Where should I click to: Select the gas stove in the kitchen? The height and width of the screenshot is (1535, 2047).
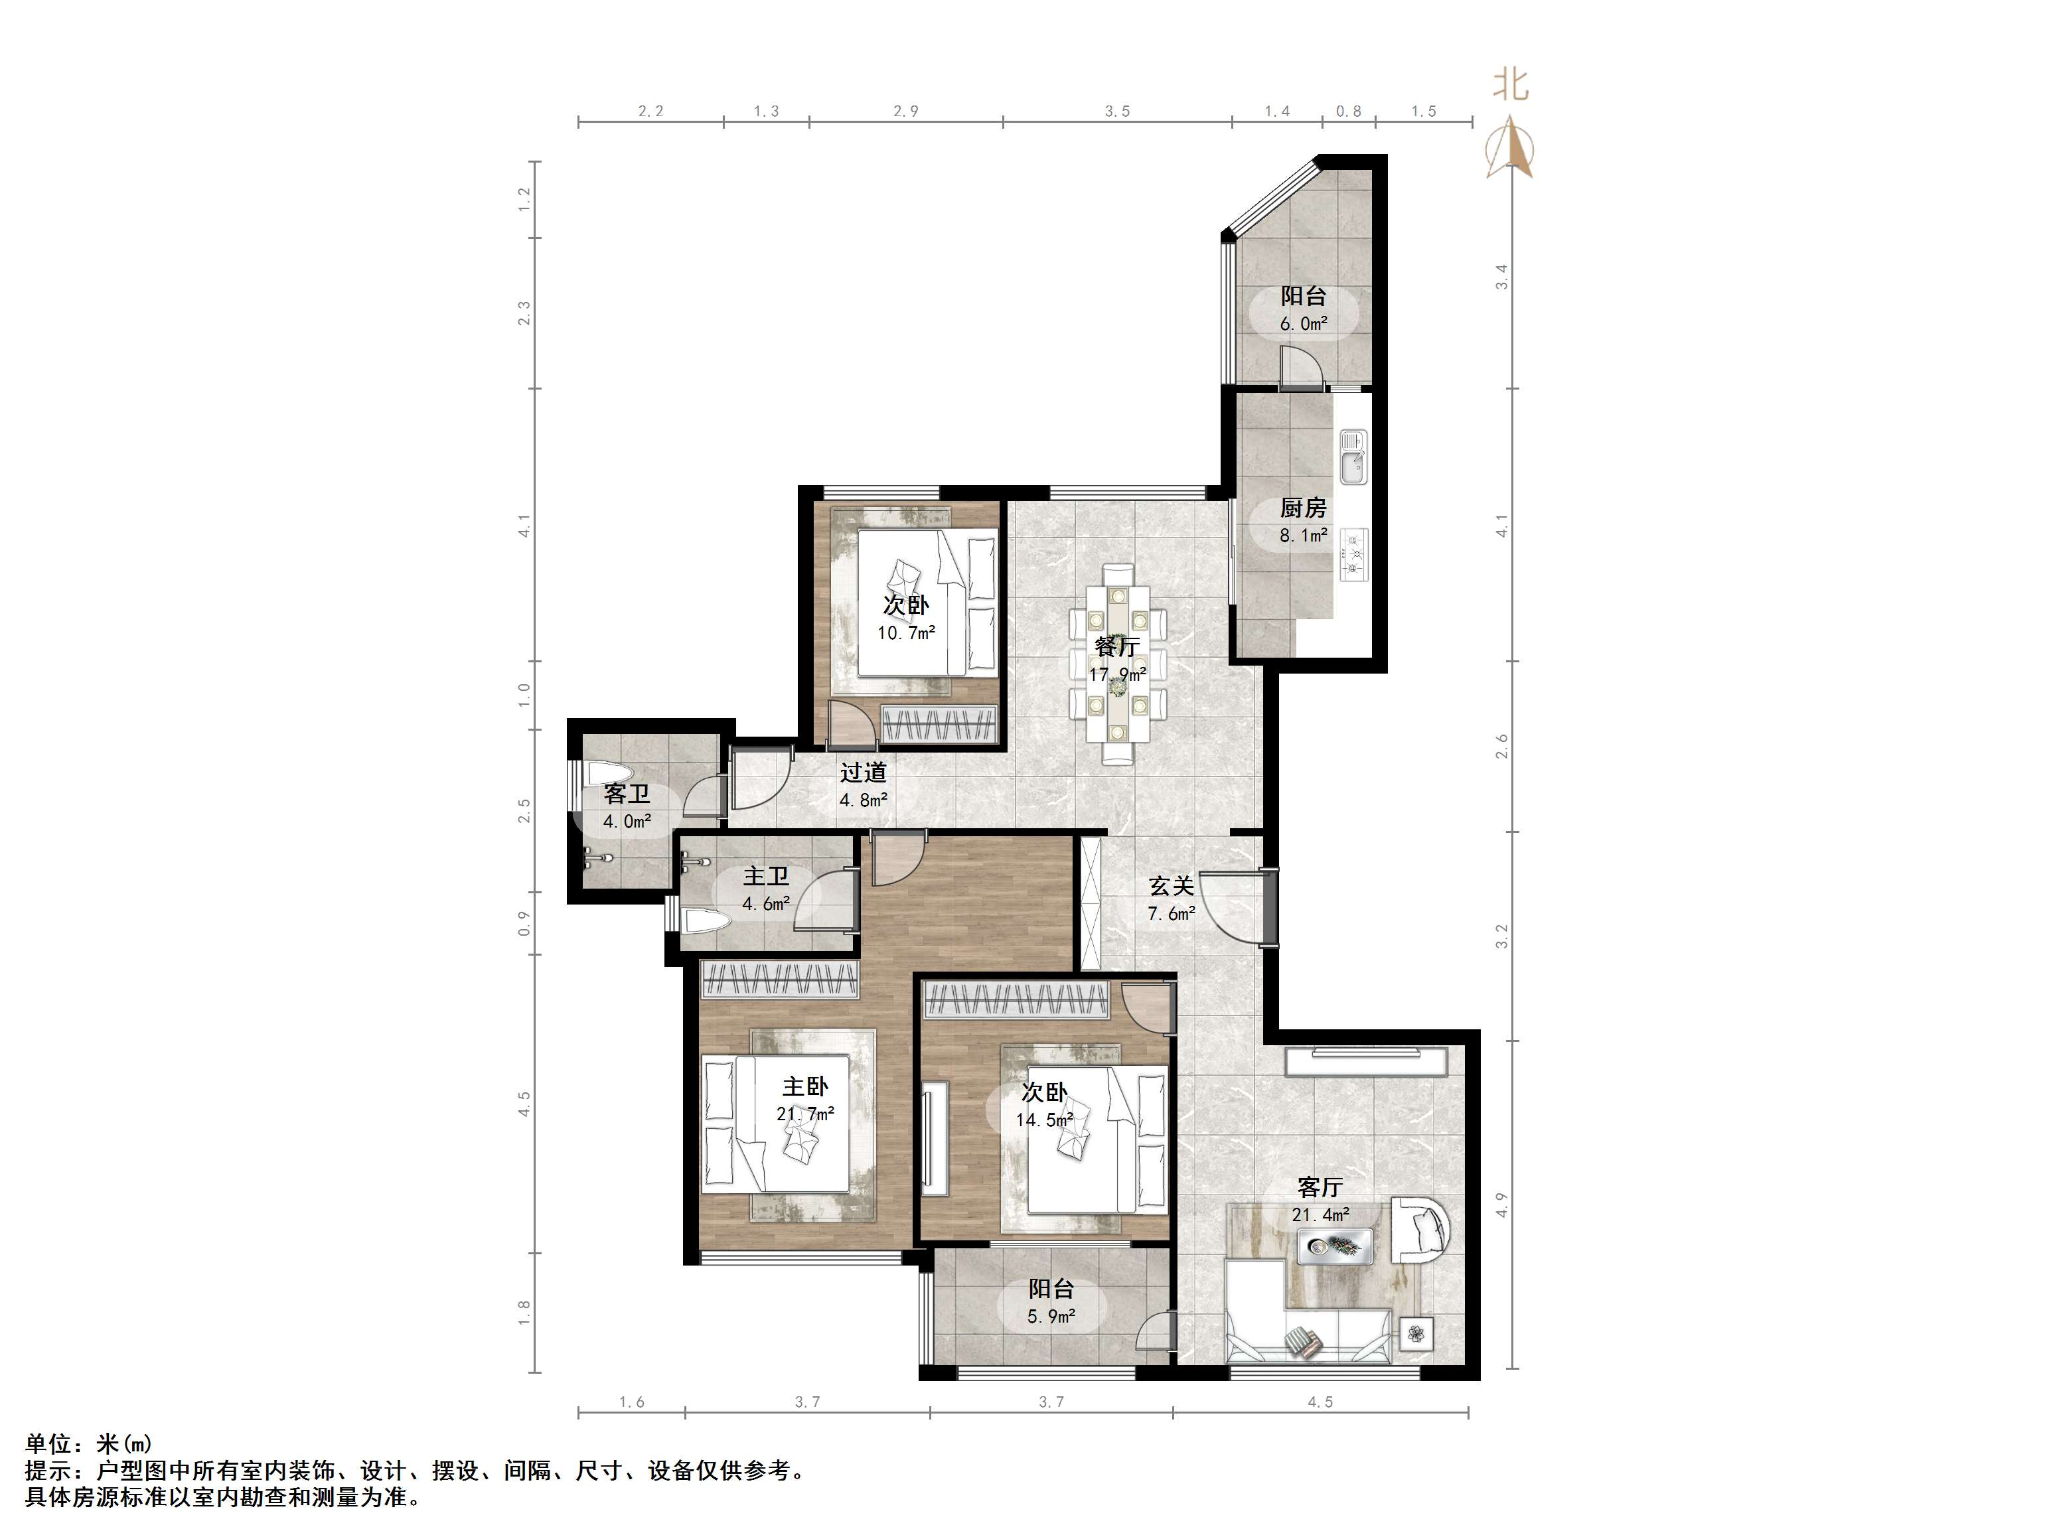1353,554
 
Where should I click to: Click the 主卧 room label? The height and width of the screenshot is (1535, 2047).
805,1087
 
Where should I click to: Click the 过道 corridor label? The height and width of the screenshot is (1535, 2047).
864,772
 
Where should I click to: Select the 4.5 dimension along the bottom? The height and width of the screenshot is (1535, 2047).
1321,1402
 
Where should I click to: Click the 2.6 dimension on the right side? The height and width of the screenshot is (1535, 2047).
1502,746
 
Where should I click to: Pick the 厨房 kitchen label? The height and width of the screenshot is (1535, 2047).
1303,508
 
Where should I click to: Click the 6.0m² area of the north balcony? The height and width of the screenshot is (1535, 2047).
1304,324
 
